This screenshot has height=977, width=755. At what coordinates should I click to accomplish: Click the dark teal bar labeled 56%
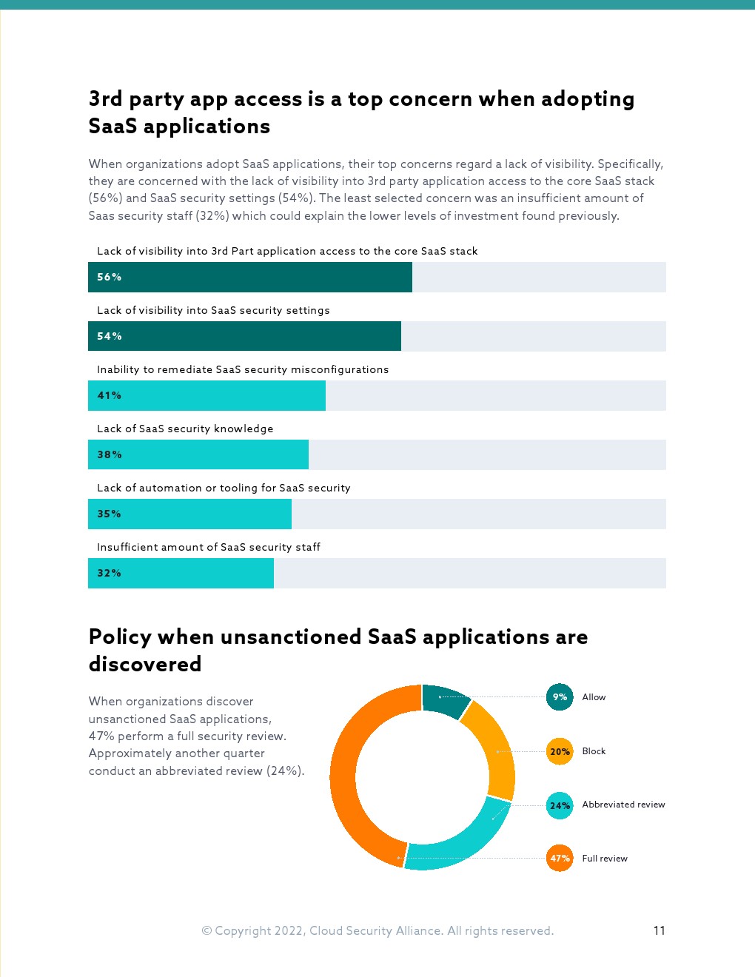pos(250,277)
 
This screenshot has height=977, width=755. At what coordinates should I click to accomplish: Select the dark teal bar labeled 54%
pos(244,336)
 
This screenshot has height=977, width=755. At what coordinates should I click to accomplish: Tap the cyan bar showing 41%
pos(207,395)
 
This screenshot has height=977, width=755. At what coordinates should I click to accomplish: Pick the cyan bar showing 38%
pos(198,454)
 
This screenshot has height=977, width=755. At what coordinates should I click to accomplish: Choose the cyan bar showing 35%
pos(189,514)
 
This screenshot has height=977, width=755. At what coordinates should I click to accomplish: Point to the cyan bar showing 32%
pos(181,573)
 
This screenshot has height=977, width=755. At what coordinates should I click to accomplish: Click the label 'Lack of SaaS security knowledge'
pos(185,429)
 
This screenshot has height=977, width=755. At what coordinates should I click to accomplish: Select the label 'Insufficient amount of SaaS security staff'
pos(209,547)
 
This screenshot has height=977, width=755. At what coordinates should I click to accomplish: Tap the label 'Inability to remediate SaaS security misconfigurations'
pos(243,369)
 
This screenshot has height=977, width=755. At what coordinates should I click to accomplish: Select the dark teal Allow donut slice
pos(445,699)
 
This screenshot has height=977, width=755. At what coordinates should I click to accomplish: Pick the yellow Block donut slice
pos(495,748)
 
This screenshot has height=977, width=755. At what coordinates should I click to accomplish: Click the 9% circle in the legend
pos(560,697)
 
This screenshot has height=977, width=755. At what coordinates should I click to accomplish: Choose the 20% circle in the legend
pos(560,751)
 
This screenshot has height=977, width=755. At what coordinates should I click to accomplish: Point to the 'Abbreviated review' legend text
pos(623,805)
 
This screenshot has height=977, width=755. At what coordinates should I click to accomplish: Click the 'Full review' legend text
pos(605,859)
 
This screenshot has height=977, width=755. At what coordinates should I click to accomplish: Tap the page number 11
pos(660,930)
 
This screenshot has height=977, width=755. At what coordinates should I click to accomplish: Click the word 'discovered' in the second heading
pos(145,664)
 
